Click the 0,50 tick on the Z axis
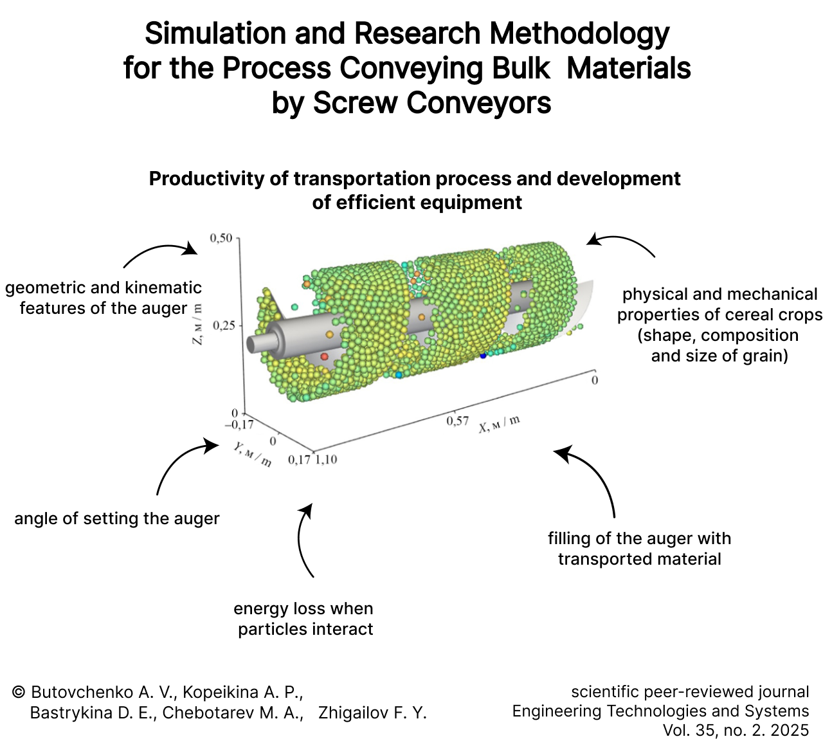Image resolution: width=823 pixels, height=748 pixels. click(x=221, y=238)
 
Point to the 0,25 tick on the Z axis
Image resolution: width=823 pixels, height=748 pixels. click(x=224, y=325)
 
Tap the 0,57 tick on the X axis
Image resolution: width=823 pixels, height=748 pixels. click(x=457, y=421)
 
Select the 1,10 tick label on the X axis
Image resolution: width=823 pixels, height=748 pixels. click(x=326, y=459)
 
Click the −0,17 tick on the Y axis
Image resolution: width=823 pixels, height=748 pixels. click(x=239, y=424)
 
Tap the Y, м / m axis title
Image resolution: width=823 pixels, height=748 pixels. click(x=252, y=455)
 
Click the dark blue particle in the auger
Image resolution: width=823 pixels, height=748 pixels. click(x=483, y=356)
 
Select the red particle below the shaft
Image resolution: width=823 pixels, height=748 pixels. click(x=325, y=356)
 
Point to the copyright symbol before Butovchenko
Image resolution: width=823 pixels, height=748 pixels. click(x=19, y=692)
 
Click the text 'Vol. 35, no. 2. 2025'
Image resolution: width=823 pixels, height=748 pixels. click(x=736, y=730)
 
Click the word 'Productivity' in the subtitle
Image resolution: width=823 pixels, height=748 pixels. click(x=206, y=179)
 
